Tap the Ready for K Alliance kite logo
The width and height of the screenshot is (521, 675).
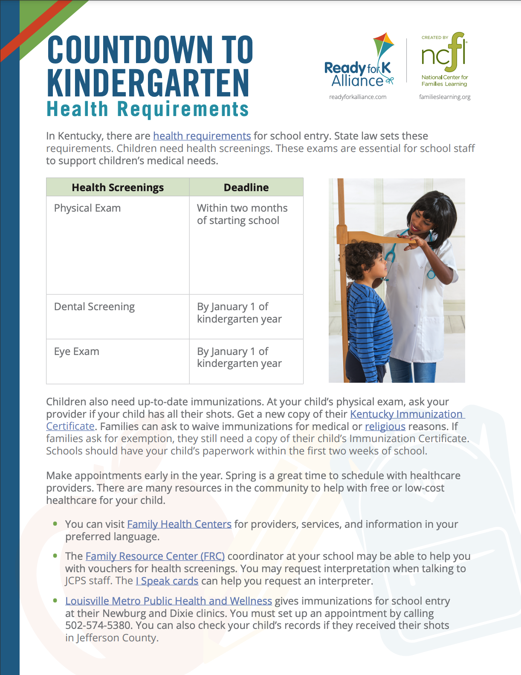pyautogui.click(x=359, y=62)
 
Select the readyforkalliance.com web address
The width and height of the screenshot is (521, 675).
pyautogui.click(x=358, y=97)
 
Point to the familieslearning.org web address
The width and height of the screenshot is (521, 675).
pyautogui.click(x=445, y=97)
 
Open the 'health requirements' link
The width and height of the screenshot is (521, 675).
pyautogui.click(x=202, y=136)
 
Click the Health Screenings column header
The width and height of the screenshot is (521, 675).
pyautogui.click(x=118, y=187)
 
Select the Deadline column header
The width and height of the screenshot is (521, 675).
pyautogui.click(x=246, y=187)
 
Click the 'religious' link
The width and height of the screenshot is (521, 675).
pyautogui.click(x=385, y=427)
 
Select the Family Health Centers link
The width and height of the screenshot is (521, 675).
pyautogui.click(x=179, y=524)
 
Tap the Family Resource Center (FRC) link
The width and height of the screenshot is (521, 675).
pyautogui.click(x=155, y=556)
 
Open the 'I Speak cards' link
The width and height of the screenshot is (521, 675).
pyautogui.click(x=167, y=581)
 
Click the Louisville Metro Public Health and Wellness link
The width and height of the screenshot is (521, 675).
pyautogui.click(x=168, y=601)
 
